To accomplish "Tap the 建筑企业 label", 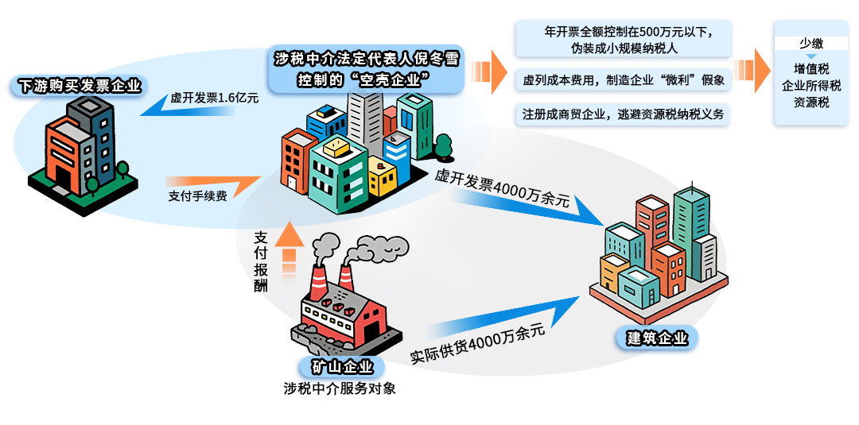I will click(657, 338).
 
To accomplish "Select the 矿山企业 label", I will click(341, 367).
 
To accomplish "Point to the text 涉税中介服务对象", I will click(340, 389).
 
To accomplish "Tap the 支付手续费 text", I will click(197, 195).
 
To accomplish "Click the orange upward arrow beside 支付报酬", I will click(290, 248).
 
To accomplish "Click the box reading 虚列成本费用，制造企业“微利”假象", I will click(624, 80).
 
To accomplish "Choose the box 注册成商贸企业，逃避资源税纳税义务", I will click(624, 114).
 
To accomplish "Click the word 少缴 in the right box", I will click(811, 44).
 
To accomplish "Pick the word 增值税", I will click(811, 69).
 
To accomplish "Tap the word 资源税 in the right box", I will click(811, 102).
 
